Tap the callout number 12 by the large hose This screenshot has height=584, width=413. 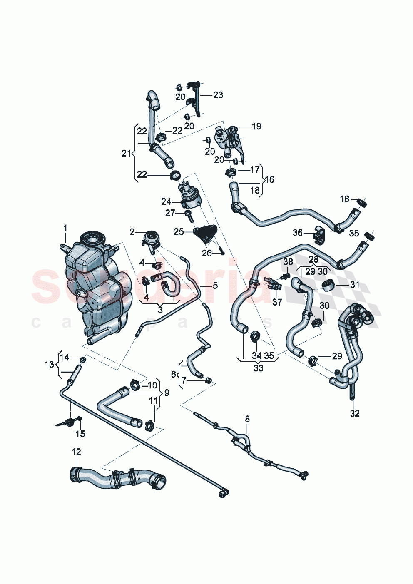click(x=76, y=452)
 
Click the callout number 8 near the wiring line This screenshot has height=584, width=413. click(x=247, y=418)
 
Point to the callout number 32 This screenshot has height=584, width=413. click(x=354, y=413)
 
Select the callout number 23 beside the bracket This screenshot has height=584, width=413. click(x=218, y=95)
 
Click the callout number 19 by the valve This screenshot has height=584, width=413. click(x=256, y=126)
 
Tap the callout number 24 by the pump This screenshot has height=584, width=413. click(x=166, y=202)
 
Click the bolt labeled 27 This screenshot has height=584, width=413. click(x=188, y=215)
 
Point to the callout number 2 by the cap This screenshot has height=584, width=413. click(x=132, y=232)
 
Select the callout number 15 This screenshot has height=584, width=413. click(x=80, y=434)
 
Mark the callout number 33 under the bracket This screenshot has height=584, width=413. click(x=258, y=368)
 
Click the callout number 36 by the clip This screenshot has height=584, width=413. click(x=297, y=232)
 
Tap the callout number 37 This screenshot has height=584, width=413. click(x=277, y=302)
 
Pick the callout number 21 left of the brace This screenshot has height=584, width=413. click(x=126, y=153)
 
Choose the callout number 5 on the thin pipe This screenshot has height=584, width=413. click(x=215, y=286)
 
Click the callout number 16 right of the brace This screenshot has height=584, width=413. click(x=269, y=179)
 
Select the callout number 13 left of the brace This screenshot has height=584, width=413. click(x=49, y=365)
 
